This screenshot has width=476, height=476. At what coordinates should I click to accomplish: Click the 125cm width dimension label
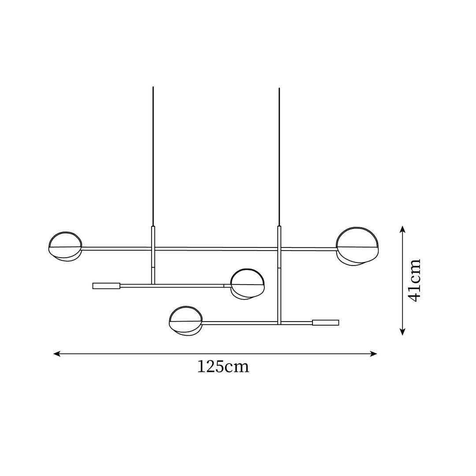(223, 367)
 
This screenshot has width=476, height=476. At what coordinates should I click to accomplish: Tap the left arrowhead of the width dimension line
(56, 353)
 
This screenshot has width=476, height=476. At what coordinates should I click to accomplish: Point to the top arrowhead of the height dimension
(402, 229)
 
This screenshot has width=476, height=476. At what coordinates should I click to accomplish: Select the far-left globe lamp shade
(65, 246)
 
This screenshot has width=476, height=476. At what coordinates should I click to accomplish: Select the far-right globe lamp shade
(357, 246)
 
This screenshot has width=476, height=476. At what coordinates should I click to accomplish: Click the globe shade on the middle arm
(248, 284)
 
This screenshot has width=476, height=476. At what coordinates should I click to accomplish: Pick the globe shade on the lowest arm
(186, 321)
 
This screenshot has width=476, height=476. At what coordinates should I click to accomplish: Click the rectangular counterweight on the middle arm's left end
(106, 286)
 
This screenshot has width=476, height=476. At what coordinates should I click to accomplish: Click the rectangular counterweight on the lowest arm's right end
(326, 322)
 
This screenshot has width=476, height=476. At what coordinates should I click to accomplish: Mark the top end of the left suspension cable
(153, 87)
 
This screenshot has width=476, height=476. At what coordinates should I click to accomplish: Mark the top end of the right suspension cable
(279, 89)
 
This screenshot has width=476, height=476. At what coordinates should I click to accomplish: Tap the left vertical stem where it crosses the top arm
(153, 249)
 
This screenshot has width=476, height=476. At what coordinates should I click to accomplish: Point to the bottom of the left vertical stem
(153, 284)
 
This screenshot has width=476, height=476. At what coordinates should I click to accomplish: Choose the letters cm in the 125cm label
(238, 367)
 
